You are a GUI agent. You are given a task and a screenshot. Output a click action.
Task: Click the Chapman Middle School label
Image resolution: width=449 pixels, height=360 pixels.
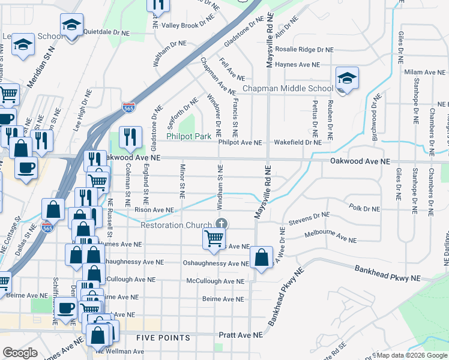click(x=287, y=89)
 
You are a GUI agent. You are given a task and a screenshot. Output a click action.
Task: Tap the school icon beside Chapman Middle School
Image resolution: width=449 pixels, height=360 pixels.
click(x=346, y=79)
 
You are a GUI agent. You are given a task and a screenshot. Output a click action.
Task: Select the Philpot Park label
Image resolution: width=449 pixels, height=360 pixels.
click(x=188, y=137)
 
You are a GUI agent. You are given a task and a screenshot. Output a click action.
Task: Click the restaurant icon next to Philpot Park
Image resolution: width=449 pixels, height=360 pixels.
click(x=130, y=138)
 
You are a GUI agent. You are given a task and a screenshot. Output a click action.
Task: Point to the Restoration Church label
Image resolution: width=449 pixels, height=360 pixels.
click(x=176, y=226)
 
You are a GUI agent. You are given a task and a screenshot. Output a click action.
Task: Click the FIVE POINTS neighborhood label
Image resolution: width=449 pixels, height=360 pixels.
click(x=163, y=338)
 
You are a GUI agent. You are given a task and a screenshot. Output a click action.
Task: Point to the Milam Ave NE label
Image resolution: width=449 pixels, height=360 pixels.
click(x=424, y=72)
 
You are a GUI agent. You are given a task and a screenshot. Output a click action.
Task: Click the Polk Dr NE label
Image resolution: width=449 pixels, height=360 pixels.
click(x=365, y=209)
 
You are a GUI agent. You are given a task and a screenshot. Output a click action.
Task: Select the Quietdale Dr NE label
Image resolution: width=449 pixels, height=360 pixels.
click(x=107, y=31)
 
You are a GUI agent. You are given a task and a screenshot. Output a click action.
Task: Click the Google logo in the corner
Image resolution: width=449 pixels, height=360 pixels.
click(x=20, y=353)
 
